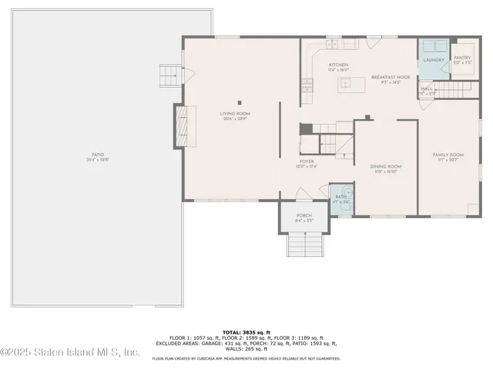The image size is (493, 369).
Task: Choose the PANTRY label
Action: pos(462,59)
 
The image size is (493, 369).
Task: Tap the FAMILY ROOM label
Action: pos(447,156)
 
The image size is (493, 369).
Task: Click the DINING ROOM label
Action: pos(385,168)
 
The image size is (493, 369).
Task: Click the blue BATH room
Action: pos(340,197)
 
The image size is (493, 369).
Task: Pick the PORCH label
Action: pos(304,218)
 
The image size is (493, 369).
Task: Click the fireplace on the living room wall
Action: pos(183,127)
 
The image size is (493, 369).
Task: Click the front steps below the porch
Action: pos(304,245)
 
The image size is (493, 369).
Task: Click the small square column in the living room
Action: pos(240,102)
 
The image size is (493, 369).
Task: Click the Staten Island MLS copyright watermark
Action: pos(69,353)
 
